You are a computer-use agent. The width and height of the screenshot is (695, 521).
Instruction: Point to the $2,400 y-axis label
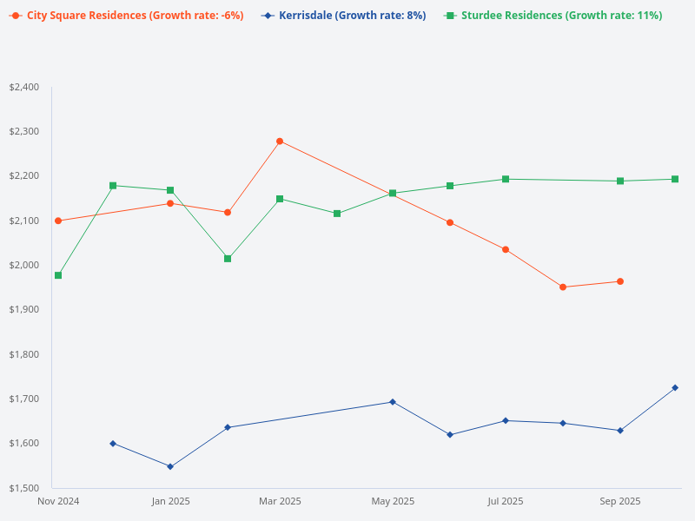(x=23, y=87)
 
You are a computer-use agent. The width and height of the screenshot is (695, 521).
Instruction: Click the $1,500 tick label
(x=23, y=488)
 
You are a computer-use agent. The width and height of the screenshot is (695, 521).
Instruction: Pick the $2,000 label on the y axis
(x=23, y=265)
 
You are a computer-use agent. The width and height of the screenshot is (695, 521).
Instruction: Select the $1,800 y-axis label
(x=23, y=354)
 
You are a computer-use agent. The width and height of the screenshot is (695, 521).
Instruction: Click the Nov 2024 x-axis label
(x=58, y=501)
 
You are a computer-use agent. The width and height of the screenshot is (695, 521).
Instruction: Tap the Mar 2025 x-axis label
(x=280, y=501)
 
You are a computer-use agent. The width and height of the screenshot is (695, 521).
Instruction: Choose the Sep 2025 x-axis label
(x=620, y=501)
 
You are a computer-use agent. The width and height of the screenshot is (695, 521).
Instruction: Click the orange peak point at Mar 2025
(x=280, y=141)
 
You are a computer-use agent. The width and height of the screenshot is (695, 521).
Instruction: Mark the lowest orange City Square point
(x=563, y=287)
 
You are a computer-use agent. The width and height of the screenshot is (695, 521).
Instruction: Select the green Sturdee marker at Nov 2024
(x=58, y=275)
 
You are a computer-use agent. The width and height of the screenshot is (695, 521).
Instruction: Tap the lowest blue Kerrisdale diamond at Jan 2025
(x=170, y=466)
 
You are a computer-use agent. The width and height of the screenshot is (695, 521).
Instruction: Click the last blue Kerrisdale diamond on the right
(x=675, y=387)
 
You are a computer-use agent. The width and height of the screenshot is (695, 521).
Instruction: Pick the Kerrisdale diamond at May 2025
(x=393, y=402)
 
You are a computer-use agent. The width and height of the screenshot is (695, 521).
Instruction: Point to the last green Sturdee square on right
(x=675, y=179)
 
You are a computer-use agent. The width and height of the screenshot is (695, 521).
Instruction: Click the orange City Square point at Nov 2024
(x=58, y=221)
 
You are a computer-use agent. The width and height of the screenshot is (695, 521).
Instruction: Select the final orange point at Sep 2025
(x=620, y=281)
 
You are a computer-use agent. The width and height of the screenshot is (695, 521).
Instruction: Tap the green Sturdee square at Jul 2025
(x=506, y=179)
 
